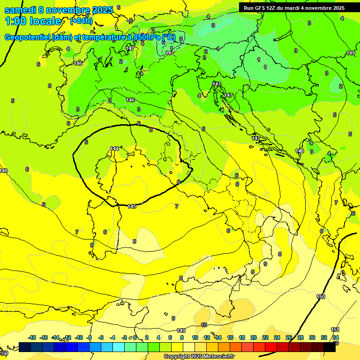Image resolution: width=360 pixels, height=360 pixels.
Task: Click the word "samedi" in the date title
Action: tap(19, 10)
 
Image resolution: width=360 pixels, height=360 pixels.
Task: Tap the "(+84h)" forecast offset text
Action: tap(81, 21)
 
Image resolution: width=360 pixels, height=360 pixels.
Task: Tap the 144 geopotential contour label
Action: tap(114, 149)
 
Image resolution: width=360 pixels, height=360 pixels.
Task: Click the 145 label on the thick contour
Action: tap(132, 206)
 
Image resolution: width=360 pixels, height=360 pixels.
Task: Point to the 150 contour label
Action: tap(321, 297)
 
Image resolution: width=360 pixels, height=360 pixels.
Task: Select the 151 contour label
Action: tap(335, 330)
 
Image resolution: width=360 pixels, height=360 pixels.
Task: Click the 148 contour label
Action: tap(300, 151)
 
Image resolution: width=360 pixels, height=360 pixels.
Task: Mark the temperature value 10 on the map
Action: tap(204, 324)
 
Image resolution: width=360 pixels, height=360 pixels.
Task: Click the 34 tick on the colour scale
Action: tap(336, 337)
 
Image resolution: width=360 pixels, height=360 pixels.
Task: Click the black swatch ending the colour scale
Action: tap(330, 347)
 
